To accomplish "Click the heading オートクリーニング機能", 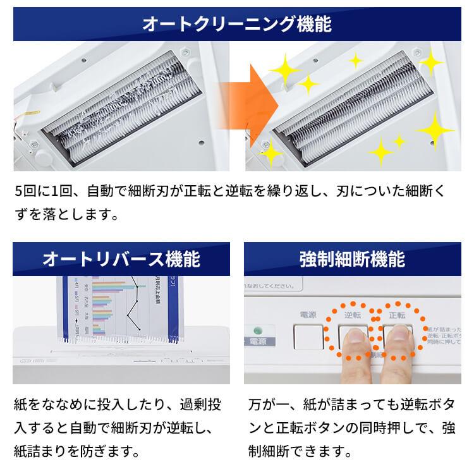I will [237, 25].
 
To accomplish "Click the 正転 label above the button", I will [397, 314].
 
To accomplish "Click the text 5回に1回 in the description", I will [41, 190].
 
